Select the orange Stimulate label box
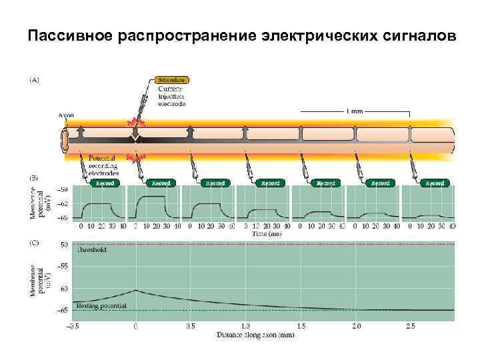173,79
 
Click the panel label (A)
33,79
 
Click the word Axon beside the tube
66,115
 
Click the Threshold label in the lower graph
91,250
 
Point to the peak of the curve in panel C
136,290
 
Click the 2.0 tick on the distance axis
356,326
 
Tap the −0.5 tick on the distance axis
73,326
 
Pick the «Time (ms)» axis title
267,233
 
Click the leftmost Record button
105,183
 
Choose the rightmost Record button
435,183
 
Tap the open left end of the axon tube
65,141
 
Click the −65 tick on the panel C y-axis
63,310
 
